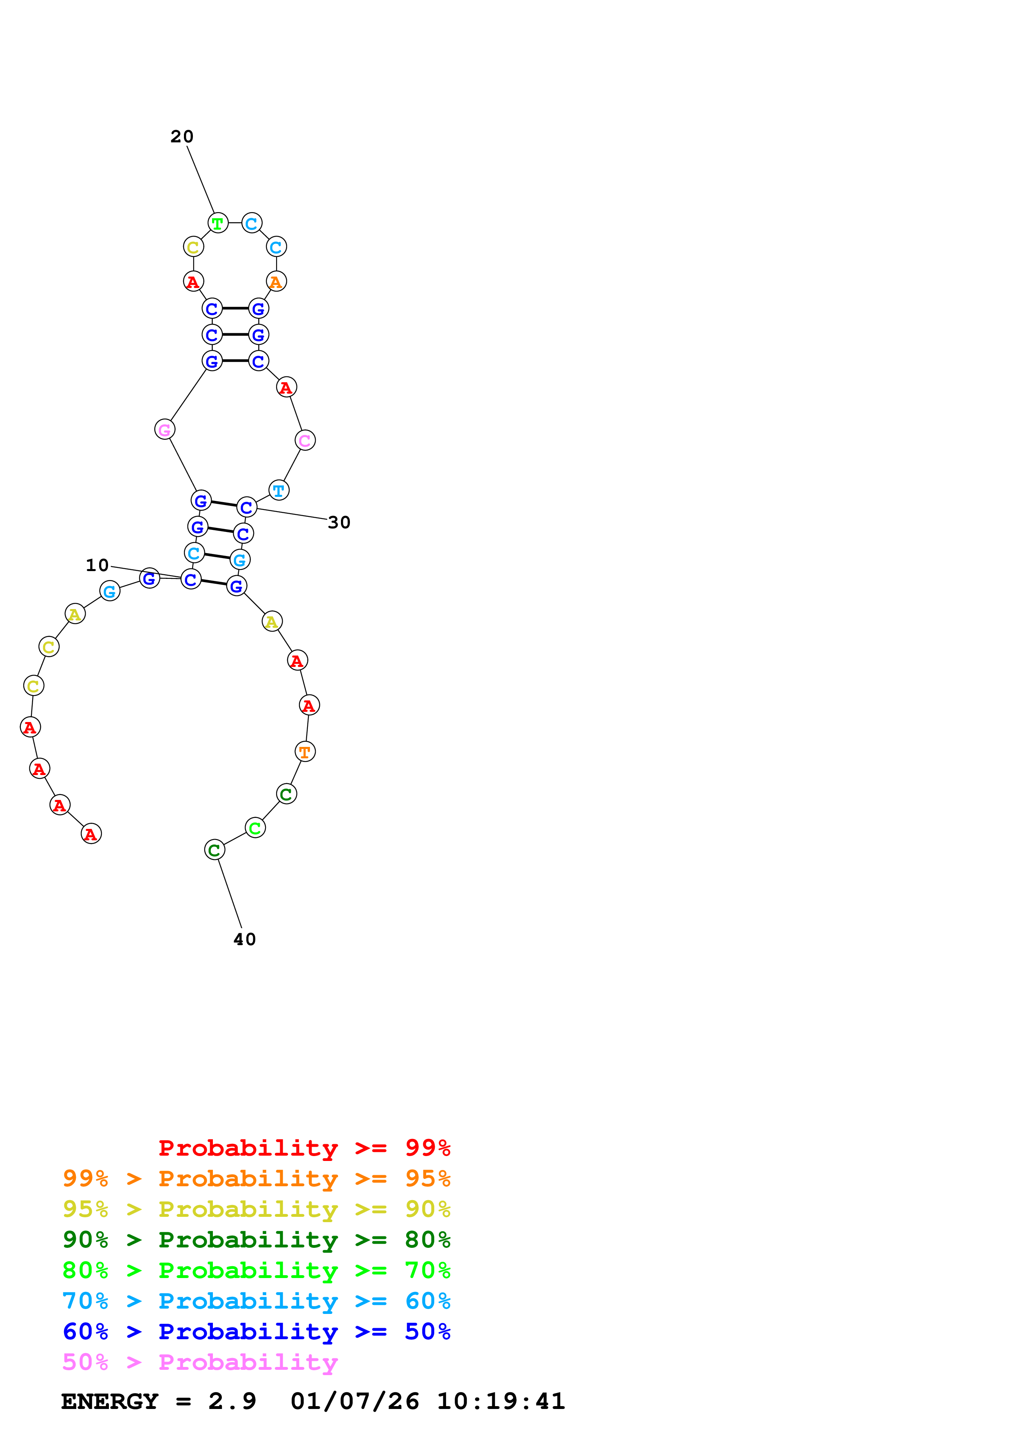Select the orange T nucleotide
(305, 752)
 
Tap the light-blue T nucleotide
(279, 490)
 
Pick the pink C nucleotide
(305, 441)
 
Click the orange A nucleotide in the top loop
(276, 282)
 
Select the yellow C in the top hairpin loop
(193, 247)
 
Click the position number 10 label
(97, 565)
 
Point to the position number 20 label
(182, 137)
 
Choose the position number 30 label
(339, 522)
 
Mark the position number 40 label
(245, 939)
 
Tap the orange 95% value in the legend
(427, 1178)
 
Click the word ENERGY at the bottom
(110, 1402)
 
